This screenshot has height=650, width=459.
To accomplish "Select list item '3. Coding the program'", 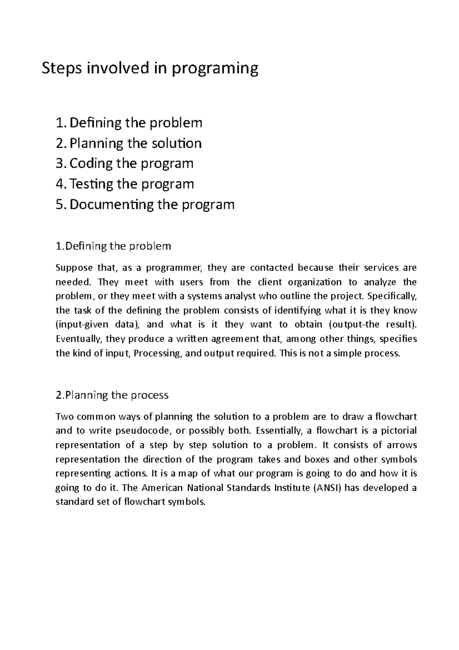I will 124,164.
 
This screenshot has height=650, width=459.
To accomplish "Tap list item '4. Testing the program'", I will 125,184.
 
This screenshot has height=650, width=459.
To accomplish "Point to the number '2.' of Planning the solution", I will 61,144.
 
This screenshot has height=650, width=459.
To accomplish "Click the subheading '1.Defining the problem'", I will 113,246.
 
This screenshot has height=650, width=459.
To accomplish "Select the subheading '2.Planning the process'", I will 112,395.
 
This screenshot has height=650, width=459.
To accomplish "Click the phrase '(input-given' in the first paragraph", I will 81,325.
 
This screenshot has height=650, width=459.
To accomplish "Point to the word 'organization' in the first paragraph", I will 314,282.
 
